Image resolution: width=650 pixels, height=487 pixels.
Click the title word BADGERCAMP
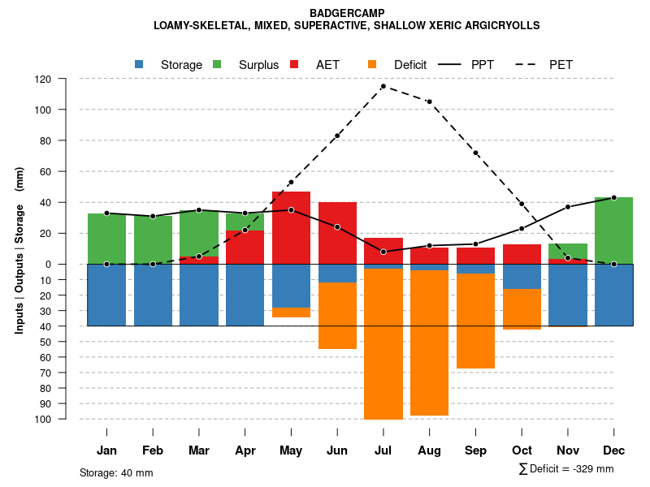(x=348, y=13)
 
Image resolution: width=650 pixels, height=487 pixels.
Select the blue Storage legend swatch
(x=139, y=64)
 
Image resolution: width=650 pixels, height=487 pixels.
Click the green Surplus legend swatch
(x=217, y=64)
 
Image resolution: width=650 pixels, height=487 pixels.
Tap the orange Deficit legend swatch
(x=372, y=64)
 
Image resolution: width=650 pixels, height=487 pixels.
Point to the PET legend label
(x=561, y=65)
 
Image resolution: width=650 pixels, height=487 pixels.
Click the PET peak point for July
(x=383, y=86)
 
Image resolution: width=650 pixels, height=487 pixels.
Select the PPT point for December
(x=613, y=197)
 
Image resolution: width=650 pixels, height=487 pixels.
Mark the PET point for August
(x=429, y=101)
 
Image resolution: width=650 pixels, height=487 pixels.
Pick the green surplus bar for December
(x=613, y=231)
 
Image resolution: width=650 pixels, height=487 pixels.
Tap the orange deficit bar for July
(x=383, y=344)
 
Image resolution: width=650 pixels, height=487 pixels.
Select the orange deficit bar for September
(x=475, y=321)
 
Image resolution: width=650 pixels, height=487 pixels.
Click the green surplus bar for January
(x=106, y=239)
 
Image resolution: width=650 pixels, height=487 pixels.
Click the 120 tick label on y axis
(x=43, y=80)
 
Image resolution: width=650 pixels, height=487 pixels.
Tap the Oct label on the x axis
(x=522, y=450)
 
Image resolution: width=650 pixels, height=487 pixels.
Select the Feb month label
(x=153, y=450)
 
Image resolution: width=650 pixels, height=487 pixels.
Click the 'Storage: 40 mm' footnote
(x=116, y=472)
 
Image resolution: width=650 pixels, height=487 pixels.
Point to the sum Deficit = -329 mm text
(x=565, y=469)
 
